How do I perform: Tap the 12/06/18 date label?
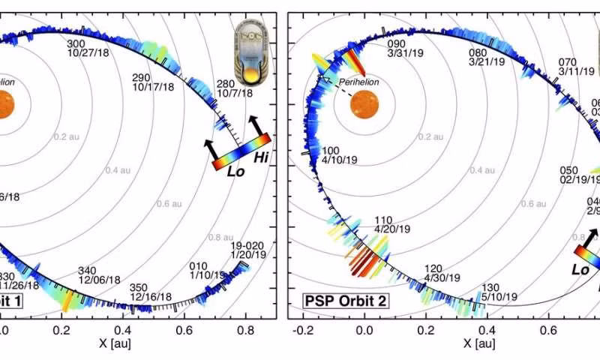(102, 280)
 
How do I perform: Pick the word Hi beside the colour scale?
(262, 157)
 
